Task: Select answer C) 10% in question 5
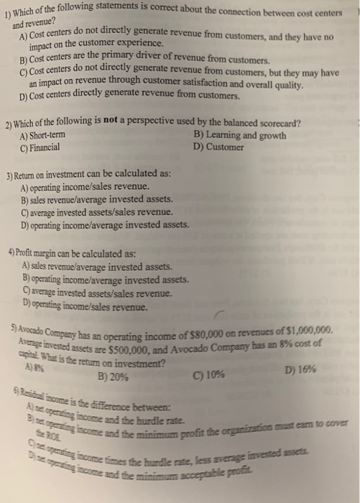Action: pos(209,374)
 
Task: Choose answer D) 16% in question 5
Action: pos(299,371)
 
